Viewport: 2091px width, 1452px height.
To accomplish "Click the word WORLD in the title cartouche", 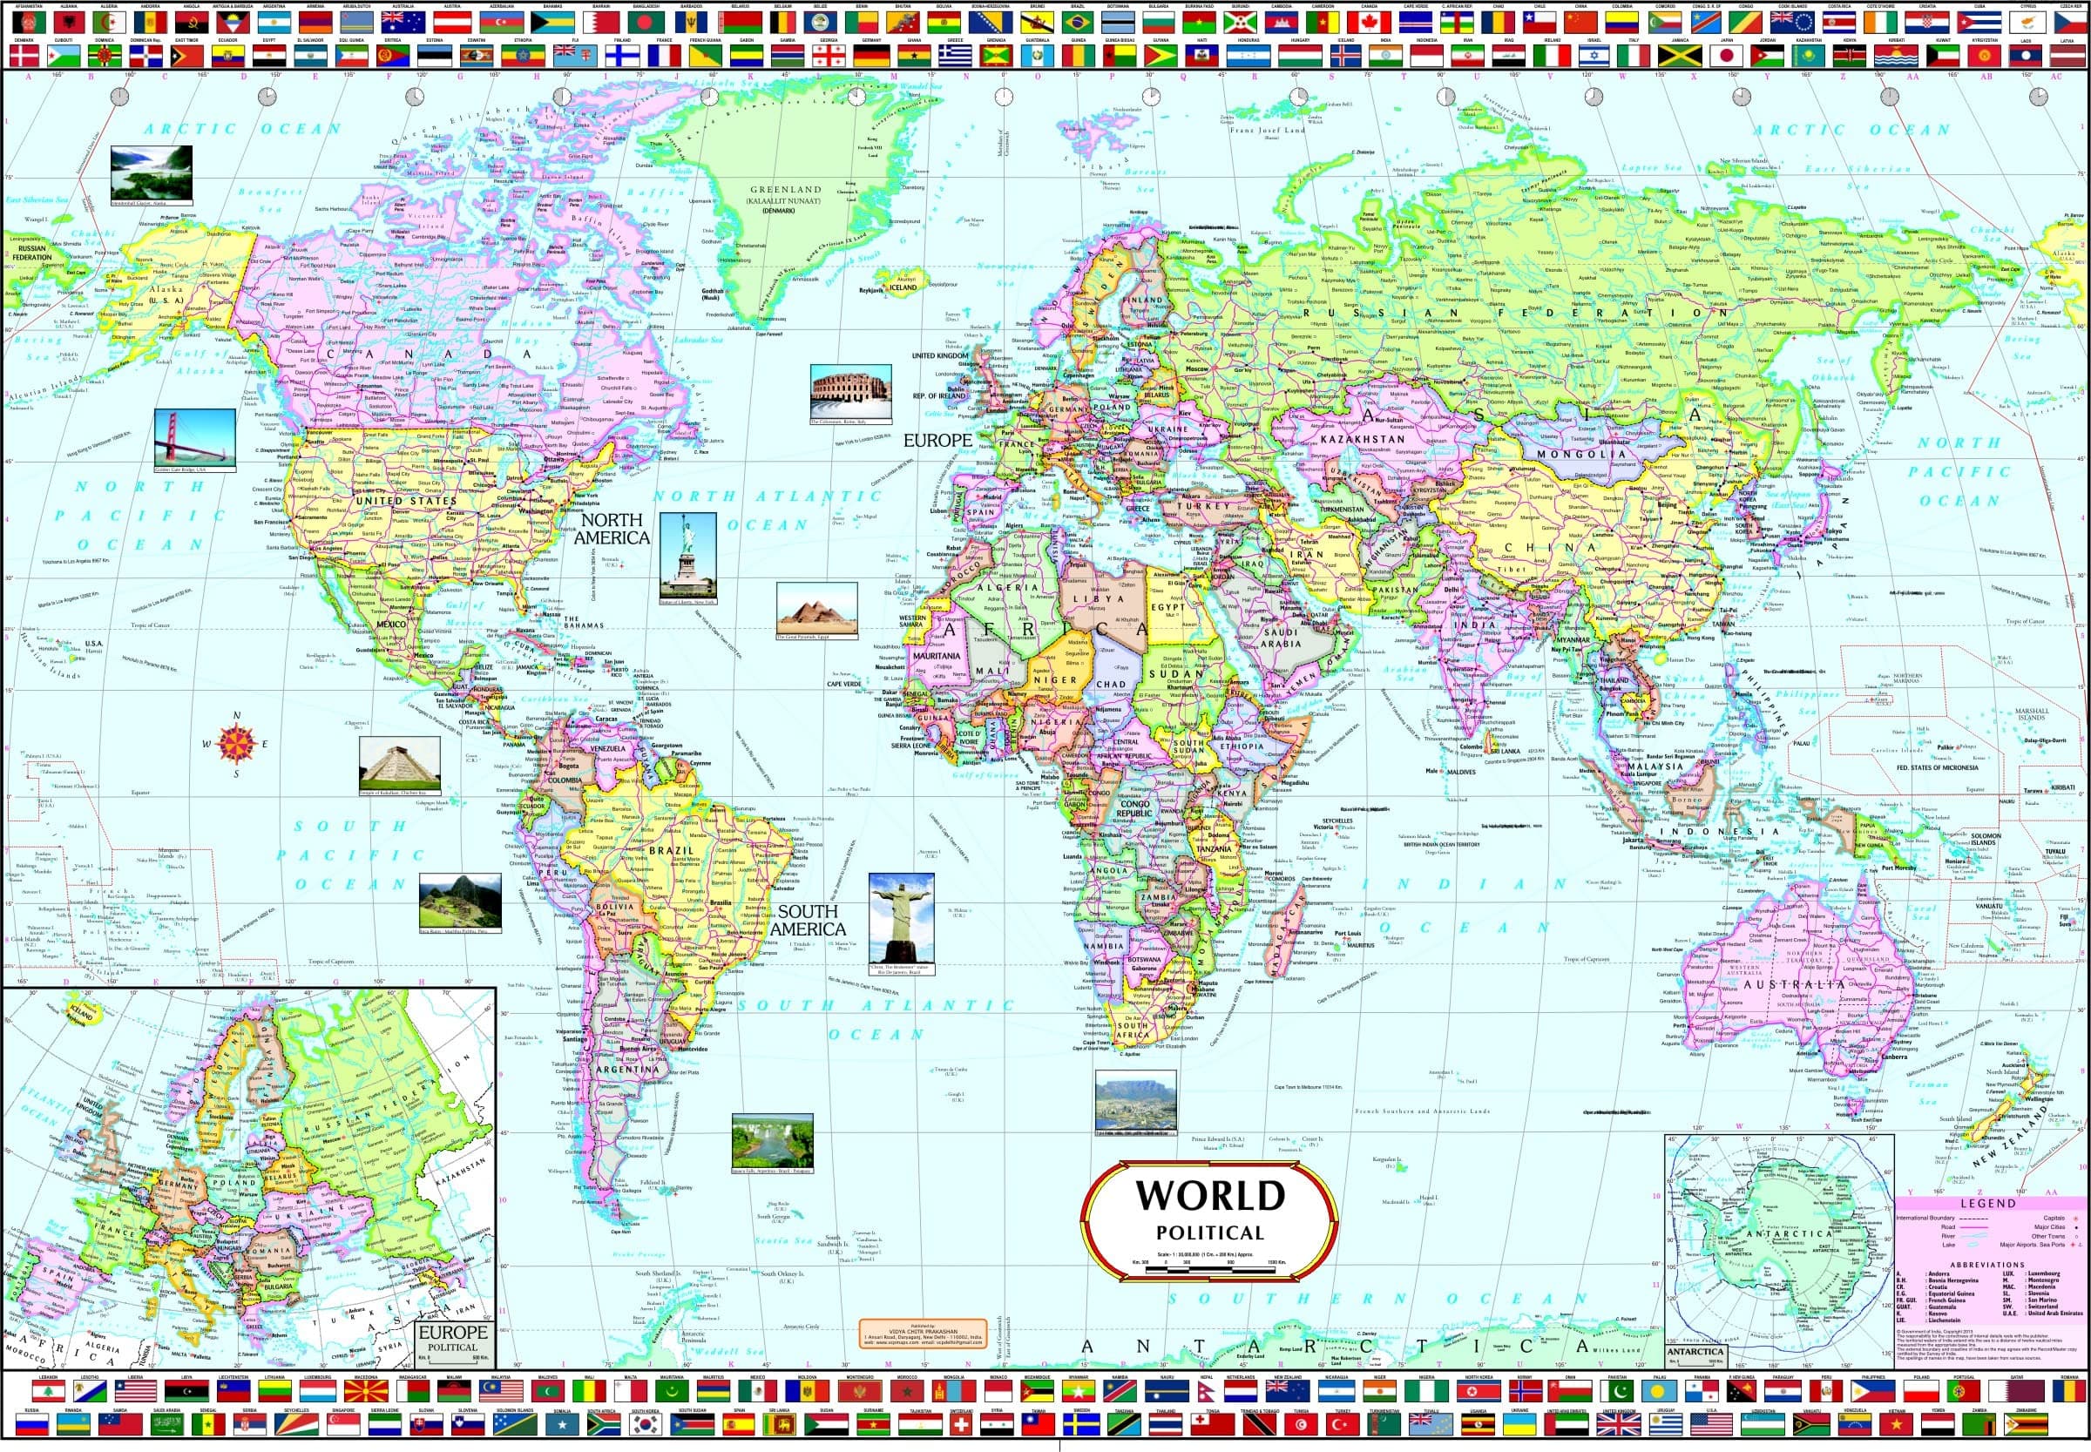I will (x=1209, y=1194).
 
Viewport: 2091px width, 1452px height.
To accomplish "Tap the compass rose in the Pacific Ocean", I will (x=237, y=744).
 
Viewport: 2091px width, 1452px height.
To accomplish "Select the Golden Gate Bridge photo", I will (x=194, y=438).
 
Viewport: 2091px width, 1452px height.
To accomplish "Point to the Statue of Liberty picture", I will (x=687, y=556).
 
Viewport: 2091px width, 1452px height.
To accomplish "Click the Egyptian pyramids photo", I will (x=816, y=610).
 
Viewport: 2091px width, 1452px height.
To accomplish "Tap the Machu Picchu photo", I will (x=459, y=902).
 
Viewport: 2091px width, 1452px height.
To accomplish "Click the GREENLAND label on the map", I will (x=786, y=190).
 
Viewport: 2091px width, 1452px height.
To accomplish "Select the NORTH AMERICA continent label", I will (x=612, y=529).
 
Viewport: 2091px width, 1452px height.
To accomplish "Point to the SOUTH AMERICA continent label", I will (x=807, y=920).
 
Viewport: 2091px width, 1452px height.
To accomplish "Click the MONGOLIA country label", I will (x=1580, y=453).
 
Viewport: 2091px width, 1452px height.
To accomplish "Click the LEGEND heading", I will (x=1988, y=1203).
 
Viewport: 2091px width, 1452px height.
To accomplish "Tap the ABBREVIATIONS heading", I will (x=1987, y=1265).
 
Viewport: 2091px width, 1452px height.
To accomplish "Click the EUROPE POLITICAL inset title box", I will (x=452, y=1336).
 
